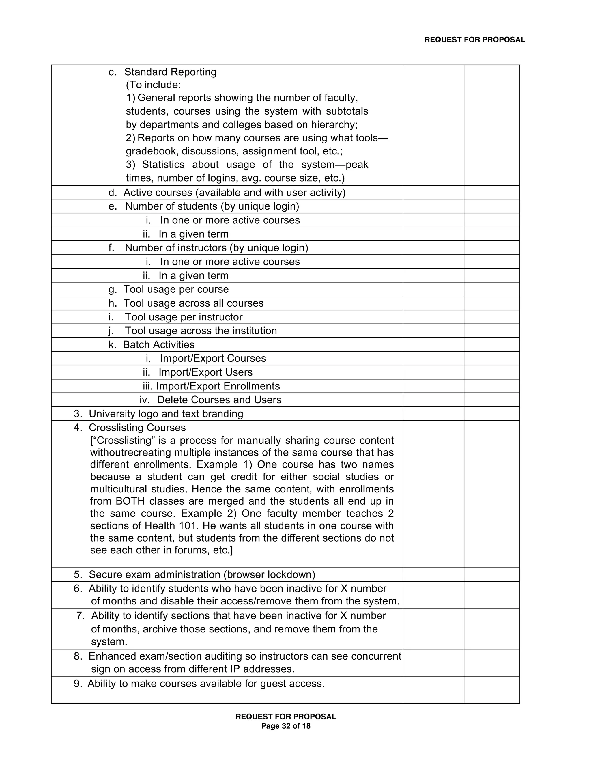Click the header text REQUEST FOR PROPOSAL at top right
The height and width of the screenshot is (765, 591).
click(x=474, y=40)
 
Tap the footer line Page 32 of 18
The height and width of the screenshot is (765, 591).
click(x=286, y=726)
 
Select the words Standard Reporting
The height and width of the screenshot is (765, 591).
click(x=170, y=72)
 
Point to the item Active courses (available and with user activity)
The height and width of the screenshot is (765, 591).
click(x=234, y=193)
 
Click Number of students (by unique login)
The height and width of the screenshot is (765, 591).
click(x=212, y=206)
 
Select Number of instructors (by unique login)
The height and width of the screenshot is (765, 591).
click(x=216, y=248)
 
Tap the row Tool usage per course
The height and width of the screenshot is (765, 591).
click(x=176, y=289)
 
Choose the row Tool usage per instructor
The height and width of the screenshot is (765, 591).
click(x=184, y=317)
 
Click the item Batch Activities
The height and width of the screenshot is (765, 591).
click(x=159, y=345)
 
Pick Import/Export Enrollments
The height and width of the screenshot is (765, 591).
click(x=218, y=386)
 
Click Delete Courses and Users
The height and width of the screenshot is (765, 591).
click(x=219, y=400)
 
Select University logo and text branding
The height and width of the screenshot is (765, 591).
click(x=166, y=414)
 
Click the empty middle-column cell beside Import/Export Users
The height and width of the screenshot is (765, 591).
click(x=433, y=372)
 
